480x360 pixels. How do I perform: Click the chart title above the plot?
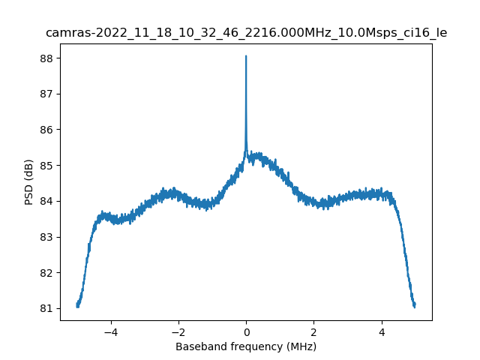pyautogui.click(x=246, y=33)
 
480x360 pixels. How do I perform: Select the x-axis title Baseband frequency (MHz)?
pyautogui.click(x=246, y=346)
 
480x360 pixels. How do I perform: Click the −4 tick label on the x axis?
pyautogui.click(x=110, y=331)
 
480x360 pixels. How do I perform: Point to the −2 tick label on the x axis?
pyautogui.click(x=178, y=331)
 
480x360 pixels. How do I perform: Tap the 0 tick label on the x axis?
pyautogui.click(x=246, y=331)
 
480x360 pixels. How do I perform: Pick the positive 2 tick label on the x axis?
pyautogui.click(x=313, y=331)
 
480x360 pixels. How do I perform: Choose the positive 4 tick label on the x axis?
pyautogui.click(x=381, y=331)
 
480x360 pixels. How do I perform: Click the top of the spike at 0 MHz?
pyautogui.click(x=246, y=56)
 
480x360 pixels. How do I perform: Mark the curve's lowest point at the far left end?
pyautogui.click(x=77, y=307)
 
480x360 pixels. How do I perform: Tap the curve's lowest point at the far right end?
pyautogui.click(x=414, y=307)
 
